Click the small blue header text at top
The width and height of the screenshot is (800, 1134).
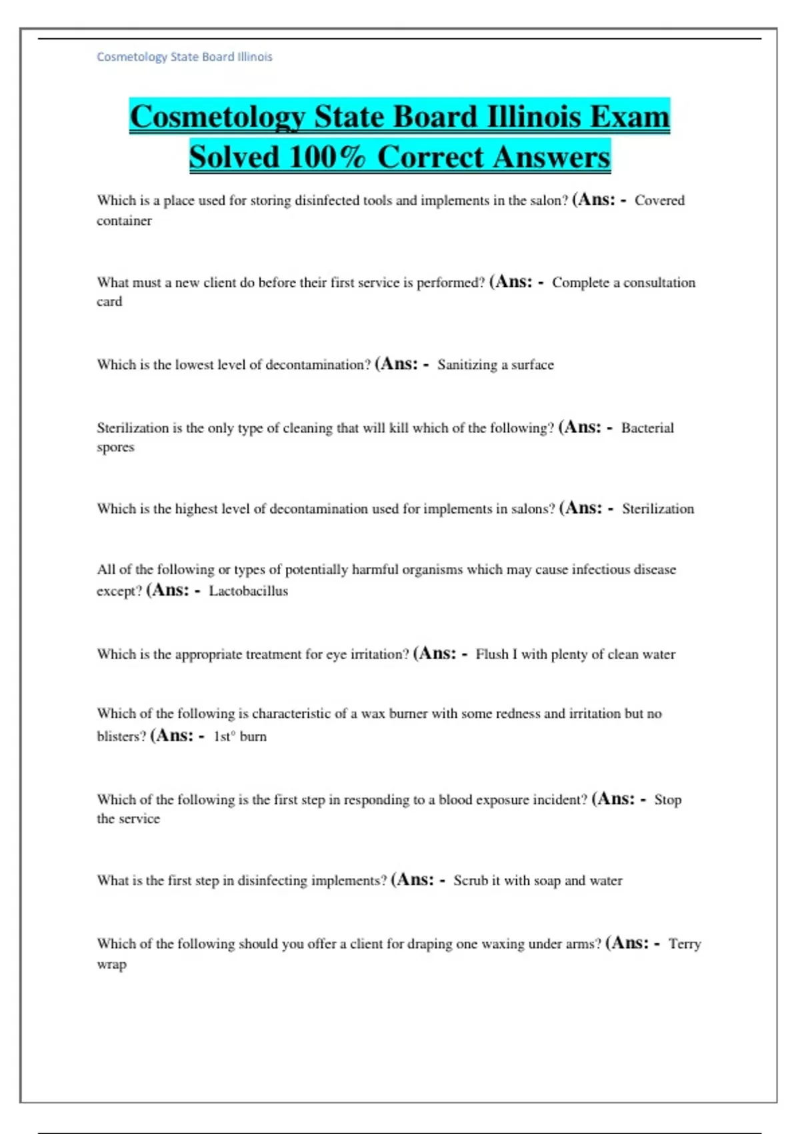tap(184, 57)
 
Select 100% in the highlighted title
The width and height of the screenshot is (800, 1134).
tap(327, 157)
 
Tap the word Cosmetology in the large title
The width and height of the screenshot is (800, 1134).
tap(217, 117)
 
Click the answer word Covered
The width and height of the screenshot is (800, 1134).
tap(659, 200)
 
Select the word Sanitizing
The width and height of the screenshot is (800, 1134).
tap(467, 364)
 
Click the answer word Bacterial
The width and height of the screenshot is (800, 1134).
tap(647, 428)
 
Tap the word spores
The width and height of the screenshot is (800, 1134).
tap(115, 447)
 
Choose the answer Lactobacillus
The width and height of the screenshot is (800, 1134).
tap(248, 590)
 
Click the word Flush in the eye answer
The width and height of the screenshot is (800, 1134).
tap(492, 654)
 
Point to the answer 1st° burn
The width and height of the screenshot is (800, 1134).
tap(239, 736)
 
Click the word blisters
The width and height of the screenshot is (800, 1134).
tap(121, 736)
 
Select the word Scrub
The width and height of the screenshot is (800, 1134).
tap(471, 880)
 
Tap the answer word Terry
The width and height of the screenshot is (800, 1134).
tap(685, 943)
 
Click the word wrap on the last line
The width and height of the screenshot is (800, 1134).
tap(111, 964)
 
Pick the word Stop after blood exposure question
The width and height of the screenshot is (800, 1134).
tap(667, 799)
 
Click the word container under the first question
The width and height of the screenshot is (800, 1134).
tap(124, 220)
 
